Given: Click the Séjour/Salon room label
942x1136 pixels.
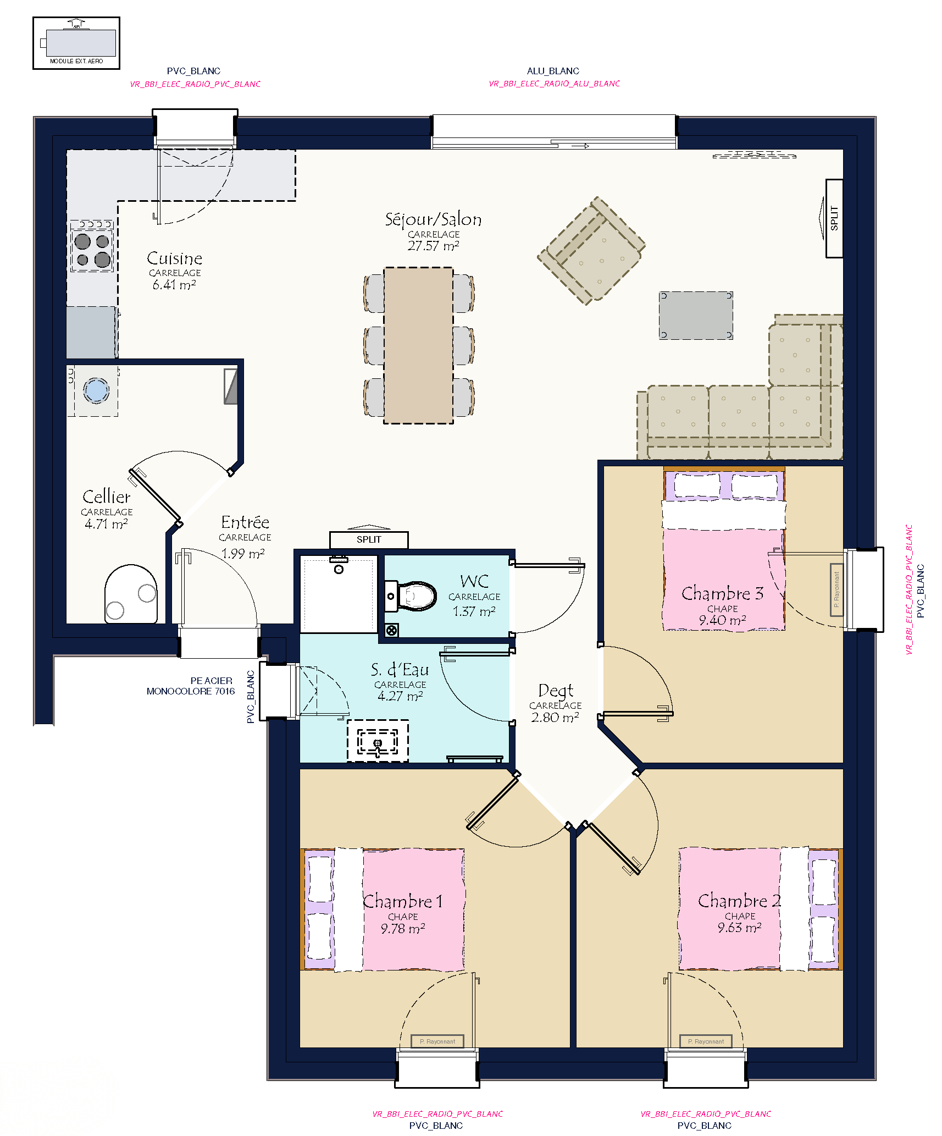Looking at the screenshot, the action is click(x=433, y=219).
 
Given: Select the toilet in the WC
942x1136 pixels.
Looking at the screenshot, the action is click(x=410, y=596).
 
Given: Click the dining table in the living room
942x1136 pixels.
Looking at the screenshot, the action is click(x=418, y=345).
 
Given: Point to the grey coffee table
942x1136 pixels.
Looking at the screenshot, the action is click(x=696, y=316).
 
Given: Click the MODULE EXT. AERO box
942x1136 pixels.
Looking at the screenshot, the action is click(x=76, y=43).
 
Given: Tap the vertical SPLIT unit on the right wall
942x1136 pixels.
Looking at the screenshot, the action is click(x=834, y=218).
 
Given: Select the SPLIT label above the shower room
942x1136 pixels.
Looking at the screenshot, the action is click(x=369, y=539).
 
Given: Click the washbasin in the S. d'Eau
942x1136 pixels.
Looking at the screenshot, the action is click(x=378, y=741).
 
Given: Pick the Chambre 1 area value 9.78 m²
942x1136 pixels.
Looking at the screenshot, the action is click(x=403, y=929).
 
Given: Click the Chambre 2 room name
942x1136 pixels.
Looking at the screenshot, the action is click(x=739, y=901).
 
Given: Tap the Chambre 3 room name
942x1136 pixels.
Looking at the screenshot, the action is click(x=722, y=593).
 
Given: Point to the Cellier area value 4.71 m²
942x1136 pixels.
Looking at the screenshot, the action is click(x=106, y=524).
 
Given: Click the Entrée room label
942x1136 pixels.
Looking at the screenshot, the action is click(x=245, y=522).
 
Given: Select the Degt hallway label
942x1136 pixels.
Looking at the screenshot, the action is click(x=556, y=691).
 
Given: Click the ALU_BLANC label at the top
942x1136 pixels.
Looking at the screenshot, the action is click(x=553, y=71).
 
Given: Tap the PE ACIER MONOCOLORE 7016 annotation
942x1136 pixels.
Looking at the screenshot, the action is click(x=191, y=686).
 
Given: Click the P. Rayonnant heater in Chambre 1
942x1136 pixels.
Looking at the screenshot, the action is click(x=437, y=1041).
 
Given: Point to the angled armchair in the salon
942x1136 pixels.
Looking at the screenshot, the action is click(x=591, y=251).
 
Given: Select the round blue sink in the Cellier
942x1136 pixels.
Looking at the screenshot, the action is click(x=96, y=390).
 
